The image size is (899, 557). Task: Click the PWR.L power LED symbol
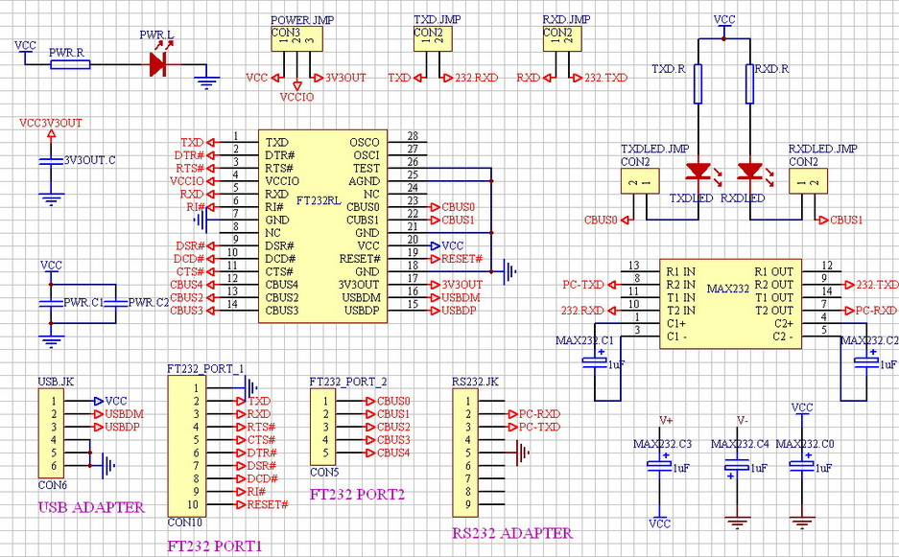159,64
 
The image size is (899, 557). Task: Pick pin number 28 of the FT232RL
413,136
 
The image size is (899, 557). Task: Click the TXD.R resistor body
698,83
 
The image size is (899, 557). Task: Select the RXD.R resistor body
749,83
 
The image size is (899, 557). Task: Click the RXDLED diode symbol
749,173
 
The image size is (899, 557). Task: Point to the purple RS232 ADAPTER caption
511,533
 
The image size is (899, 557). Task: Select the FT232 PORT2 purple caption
357,496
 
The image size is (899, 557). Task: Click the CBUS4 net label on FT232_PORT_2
393,453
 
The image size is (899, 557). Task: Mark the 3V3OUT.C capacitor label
89,159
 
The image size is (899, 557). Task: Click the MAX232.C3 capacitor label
662,444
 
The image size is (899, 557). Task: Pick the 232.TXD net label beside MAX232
877,285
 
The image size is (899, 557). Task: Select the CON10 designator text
184,522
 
